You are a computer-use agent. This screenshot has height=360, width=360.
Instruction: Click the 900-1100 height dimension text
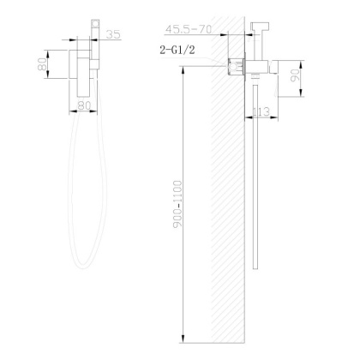pos(175,201)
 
